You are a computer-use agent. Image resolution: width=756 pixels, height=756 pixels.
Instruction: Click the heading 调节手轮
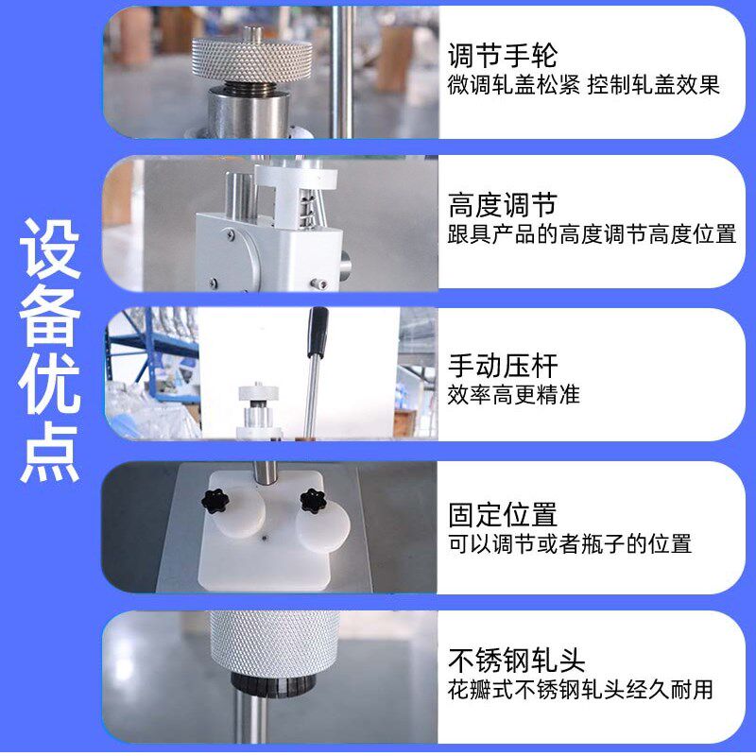pos(502,53)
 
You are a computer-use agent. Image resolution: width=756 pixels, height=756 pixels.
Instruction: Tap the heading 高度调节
pos(502,204)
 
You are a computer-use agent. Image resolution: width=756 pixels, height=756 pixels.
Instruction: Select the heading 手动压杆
pos(502,365)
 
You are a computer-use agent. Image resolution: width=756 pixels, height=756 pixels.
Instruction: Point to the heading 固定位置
pos(502,515)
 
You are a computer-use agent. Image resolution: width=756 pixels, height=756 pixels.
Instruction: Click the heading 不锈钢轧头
pos(516,659)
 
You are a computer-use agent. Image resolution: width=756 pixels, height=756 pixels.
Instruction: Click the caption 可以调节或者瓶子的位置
pos(569,543)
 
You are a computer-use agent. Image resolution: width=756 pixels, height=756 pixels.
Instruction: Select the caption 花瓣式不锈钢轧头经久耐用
pos(580,689)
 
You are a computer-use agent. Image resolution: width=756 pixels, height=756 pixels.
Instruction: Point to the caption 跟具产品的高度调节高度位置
pos(591,233)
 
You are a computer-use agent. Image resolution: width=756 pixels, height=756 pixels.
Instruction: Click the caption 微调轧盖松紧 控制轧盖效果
pos(583,84)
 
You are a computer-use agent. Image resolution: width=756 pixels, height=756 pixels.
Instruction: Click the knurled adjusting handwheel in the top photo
pos(252,58)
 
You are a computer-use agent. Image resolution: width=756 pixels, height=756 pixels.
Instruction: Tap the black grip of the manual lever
pos(318,329)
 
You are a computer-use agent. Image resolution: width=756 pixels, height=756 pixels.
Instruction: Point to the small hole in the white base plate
pos(264,536)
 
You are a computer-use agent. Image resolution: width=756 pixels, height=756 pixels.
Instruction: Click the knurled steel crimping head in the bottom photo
pos(273,643)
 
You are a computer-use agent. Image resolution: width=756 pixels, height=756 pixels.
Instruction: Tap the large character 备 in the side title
pos(51,318)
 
